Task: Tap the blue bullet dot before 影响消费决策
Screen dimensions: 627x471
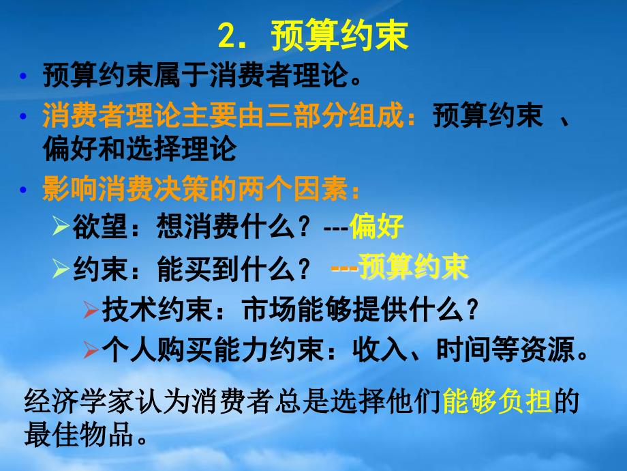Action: click(22, 189)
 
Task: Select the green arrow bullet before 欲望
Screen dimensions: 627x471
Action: click(61, 226)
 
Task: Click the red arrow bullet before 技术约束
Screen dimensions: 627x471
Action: click(91, 310)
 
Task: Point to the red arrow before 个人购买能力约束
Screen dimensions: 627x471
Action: click(91, 350)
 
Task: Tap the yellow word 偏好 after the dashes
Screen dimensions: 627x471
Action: click(376, 227)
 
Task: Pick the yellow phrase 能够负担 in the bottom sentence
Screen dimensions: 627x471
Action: click(497, 401)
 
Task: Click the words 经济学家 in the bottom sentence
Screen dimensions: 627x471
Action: click(78, 401)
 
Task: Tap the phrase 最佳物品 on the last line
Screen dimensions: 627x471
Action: click(78, 435)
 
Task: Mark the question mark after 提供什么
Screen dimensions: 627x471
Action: click(472, 310)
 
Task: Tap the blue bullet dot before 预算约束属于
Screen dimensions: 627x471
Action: click(22, 76)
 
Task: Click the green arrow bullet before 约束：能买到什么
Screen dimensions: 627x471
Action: click(61, 268)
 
